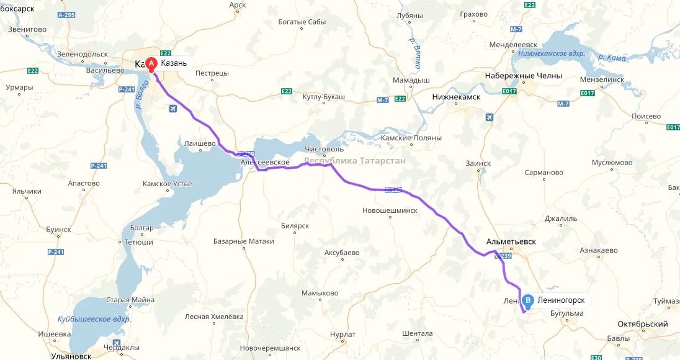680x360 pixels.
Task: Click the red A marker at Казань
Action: click(151, 63)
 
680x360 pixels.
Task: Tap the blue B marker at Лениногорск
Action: click(528, 301)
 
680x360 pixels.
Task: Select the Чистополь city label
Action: click(324, 150)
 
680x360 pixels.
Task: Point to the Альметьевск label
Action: click(511, 241)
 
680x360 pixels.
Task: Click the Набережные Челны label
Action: click(523, 76)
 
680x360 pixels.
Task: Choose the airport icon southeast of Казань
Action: click(172, 109)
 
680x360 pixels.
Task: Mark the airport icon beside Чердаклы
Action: click(117, 344)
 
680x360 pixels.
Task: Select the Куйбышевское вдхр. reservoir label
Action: click(94, 319)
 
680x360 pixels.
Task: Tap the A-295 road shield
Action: click(66, 15)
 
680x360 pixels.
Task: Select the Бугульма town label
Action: click(566, 313)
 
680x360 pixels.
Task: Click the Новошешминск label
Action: click(390, 210)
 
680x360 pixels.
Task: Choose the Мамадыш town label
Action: click(411, 81)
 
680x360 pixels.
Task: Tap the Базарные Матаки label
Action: click(243, 241)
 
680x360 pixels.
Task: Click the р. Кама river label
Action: click(612, 58)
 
